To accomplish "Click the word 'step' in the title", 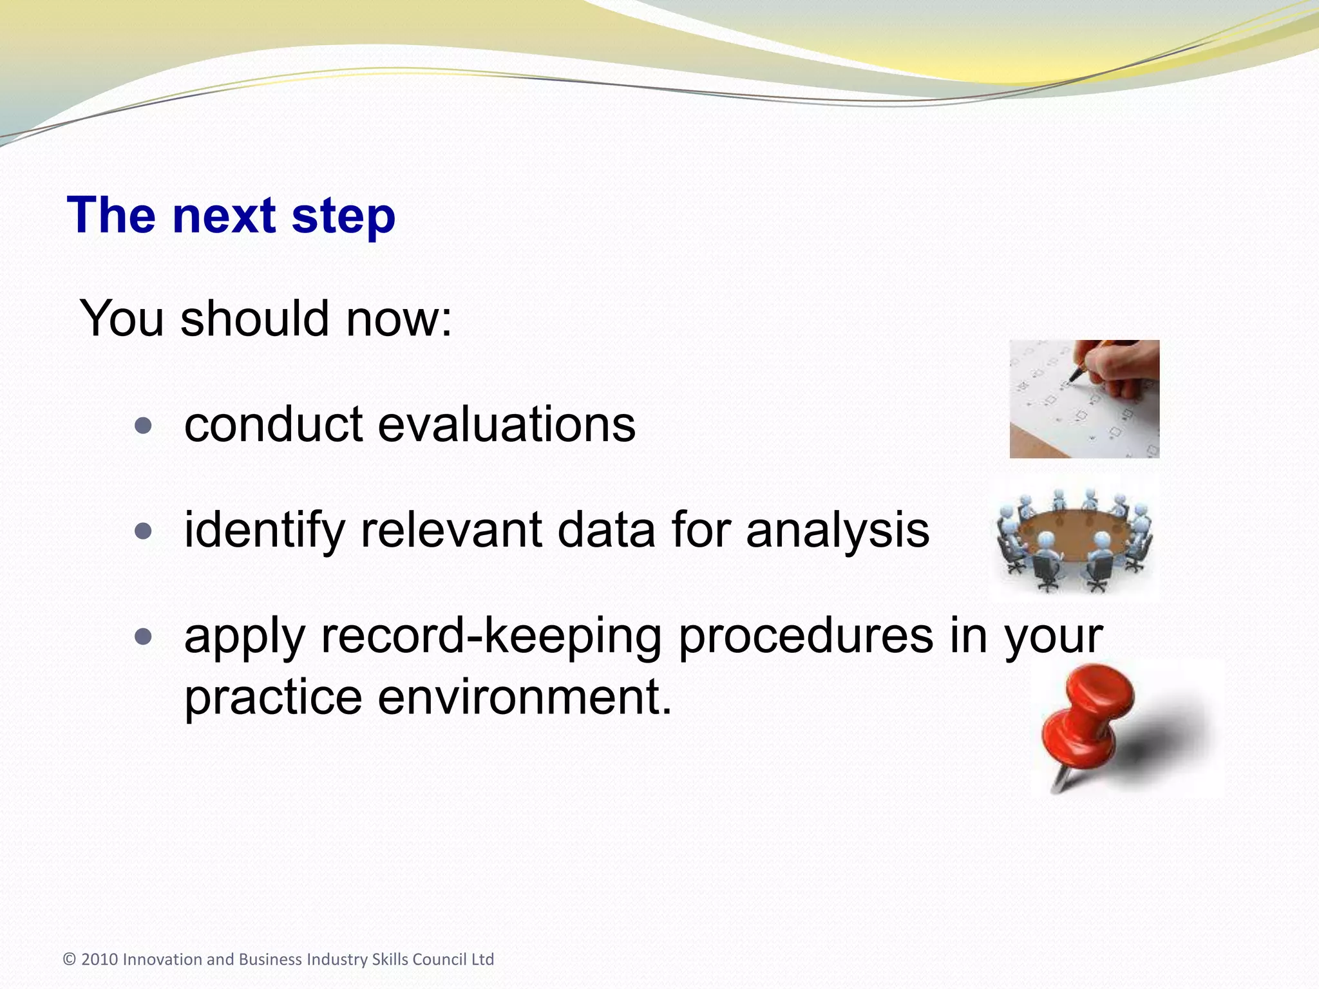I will click(x=343, y=216).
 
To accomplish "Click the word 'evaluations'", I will click(x=506, y=424).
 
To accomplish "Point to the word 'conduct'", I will click(x=274, y=424).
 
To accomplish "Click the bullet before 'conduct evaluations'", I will click(x=144, y=426).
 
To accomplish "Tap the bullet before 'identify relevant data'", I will click(x=144, y=531).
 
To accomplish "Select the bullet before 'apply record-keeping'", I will click(x=144, y=637).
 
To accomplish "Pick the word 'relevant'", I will click(x=451, y=530).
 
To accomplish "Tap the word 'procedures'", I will click(x=806, y=637).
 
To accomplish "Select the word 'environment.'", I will click(x=524, y=697).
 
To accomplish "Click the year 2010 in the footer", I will click(x=100, y=959).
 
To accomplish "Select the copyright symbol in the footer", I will click(x=70, y=959).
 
